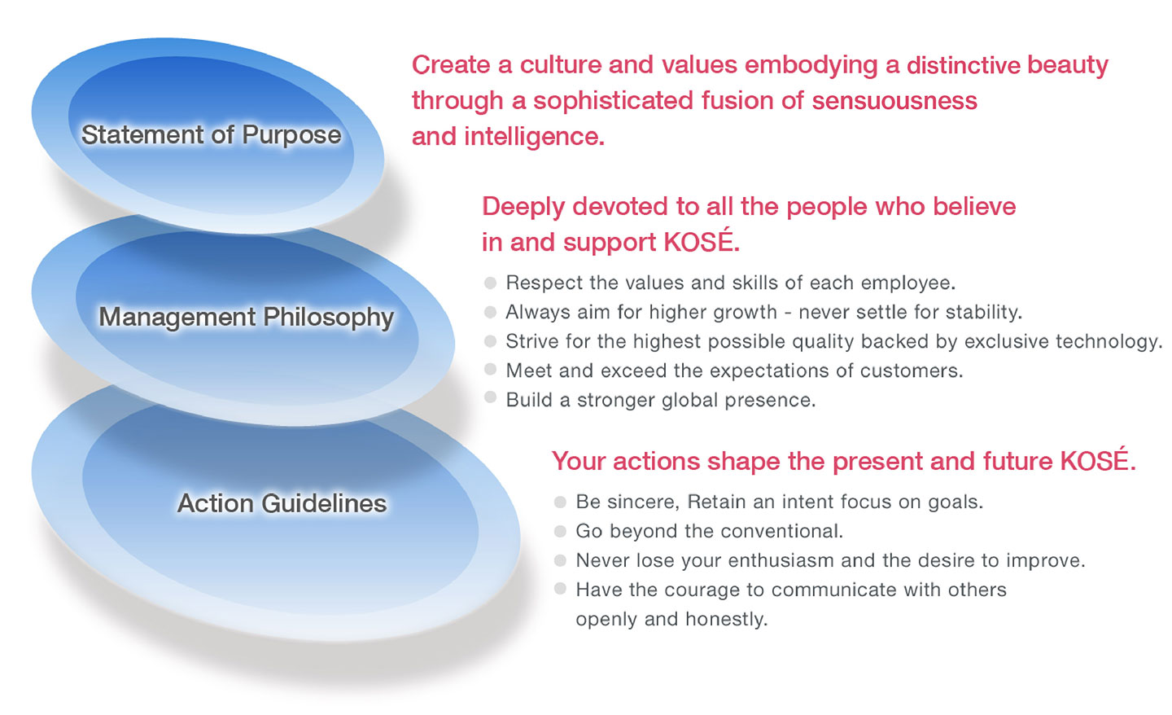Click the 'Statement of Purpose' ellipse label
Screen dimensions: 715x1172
pyautogui.click(x=211, y=135)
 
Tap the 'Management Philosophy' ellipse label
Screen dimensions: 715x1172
pyautogui.click(x=246, y=317)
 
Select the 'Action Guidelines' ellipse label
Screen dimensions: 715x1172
pyautogui.click(x=282, y=503)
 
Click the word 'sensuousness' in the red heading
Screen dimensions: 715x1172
pyautogui.click(x=894, y=101)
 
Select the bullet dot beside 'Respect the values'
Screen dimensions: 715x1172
pyautogui.click(x=490, y=283)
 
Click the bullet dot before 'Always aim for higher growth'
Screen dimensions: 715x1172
pyautogui.click(x=490, y=312)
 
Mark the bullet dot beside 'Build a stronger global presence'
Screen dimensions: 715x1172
pyautogui.click(x=490, y=398)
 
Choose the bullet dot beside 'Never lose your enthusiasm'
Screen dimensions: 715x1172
pyautogui.click(x=560, y=560)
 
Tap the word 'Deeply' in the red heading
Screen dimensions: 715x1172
pyautogui.click(x=523, y=207)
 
